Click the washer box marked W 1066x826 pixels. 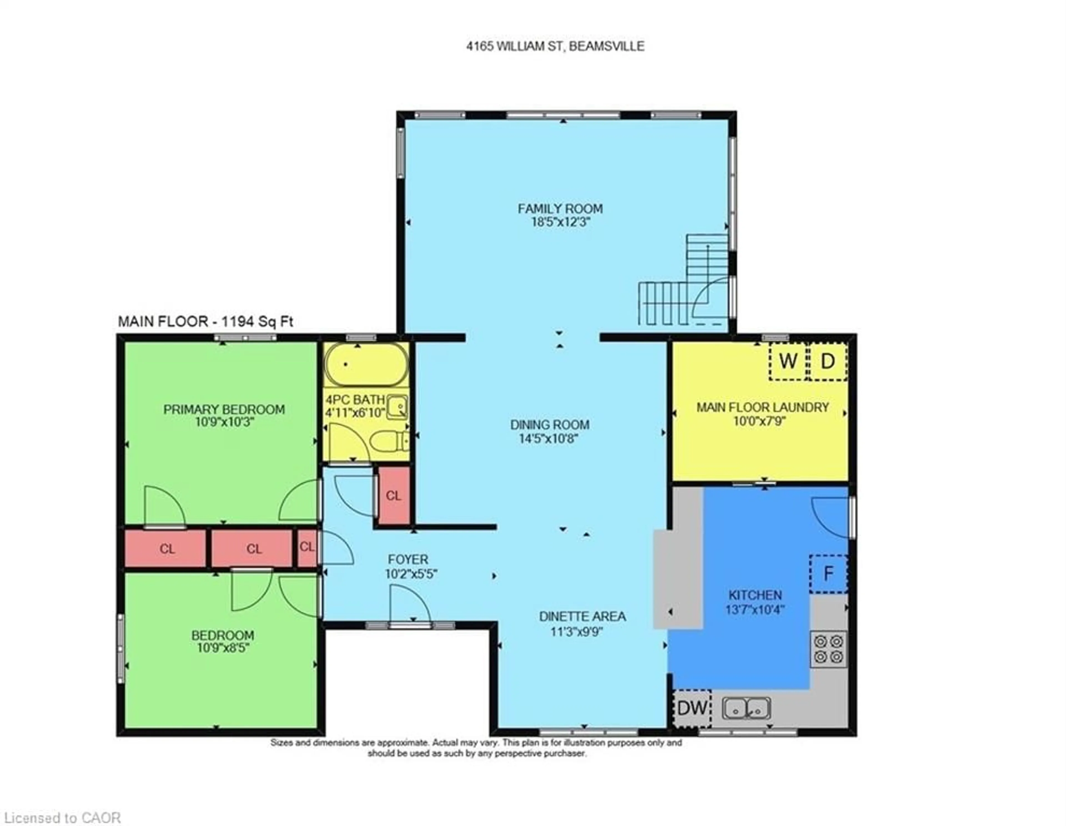tap(787, 362)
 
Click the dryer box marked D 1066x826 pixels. tap(827, 362)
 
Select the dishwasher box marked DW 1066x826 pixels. tap(692, 708)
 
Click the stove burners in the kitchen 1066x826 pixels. tap(828, 649)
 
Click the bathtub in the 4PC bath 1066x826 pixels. tap(366, 364)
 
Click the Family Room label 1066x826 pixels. tap(560, 209)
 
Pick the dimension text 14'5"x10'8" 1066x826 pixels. tap(549, 439)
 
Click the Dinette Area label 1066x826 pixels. tap(582, 617)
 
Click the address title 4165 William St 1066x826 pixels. tap(555, 46)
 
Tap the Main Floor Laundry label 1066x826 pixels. tap(762, 407)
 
